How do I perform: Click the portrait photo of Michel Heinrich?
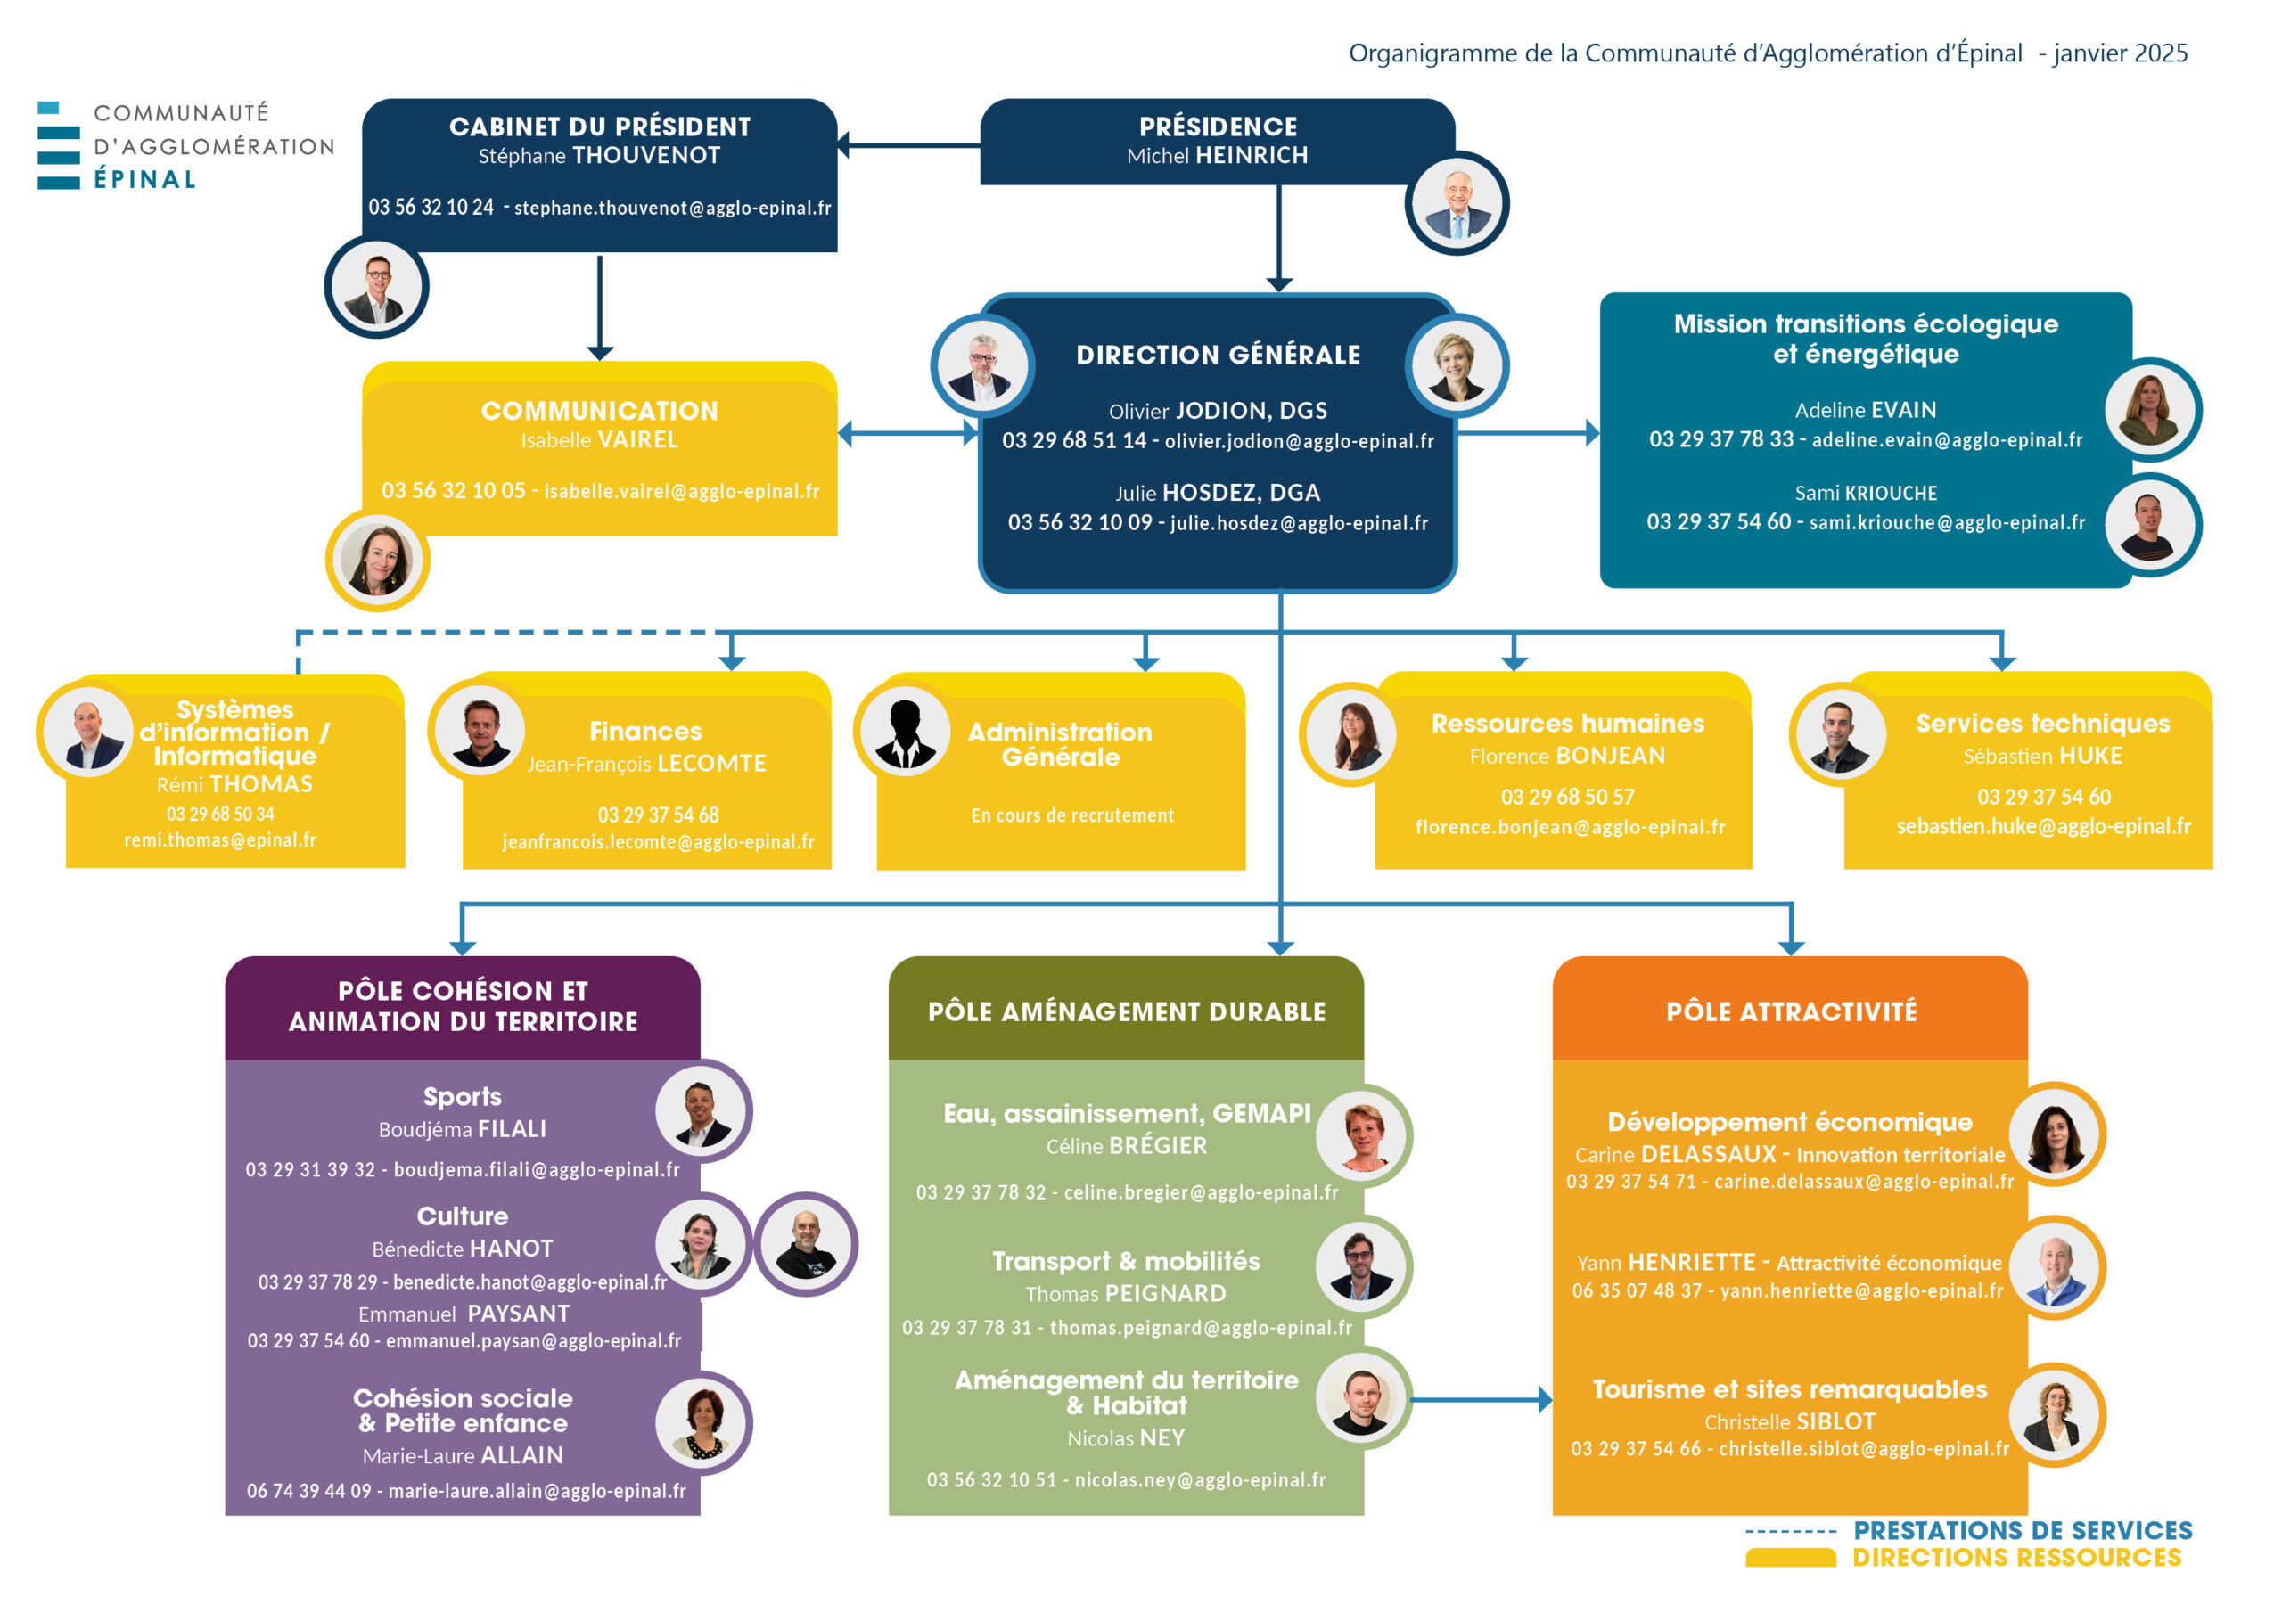(1457, 204)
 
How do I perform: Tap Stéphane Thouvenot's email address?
(673, 208)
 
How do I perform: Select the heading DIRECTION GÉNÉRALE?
(1219, 355)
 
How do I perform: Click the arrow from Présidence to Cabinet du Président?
(908, 145)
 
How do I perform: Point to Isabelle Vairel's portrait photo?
(378, 560)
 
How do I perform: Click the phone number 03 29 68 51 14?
(1074, 440)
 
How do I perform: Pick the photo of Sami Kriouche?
(2152, 526)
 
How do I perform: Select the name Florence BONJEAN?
(1567, 757)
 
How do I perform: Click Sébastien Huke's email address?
(2043, 827)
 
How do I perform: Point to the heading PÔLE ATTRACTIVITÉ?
(1792, 1011)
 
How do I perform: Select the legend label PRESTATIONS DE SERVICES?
(2023, 1530)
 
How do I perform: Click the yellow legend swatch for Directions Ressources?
(1791, 1559)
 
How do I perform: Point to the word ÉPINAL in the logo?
(145, 180)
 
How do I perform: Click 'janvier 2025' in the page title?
(2121, 53)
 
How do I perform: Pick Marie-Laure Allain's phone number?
(309, 1492)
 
